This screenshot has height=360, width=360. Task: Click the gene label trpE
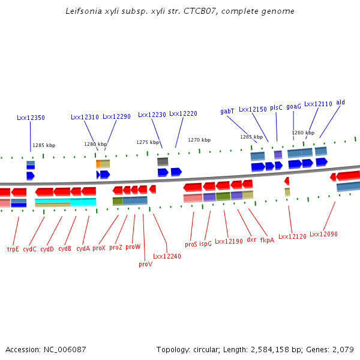tap(13, 248)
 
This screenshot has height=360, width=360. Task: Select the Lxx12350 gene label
tap(31, 118)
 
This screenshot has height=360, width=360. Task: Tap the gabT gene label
tap(227, 111)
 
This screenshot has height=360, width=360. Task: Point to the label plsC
tap(276, 107)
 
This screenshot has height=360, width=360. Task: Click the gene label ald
tap(340, 103)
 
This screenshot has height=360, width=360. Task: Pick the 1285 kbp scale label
tap(44, 145)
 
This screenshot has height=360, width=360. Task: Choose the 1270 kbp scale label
tap(199, 140)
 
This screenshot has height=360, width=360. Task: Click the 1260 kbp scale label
tap(303, 133)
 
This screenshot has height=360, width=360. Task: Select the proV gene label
tap(145, 264)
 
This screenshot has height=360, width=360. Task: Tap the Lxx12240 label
tap(167, 256)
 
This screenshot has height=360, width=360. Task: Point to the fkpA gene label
tap(267, 240)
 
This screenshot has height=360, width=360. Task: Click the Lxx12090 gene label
tap(323, 234)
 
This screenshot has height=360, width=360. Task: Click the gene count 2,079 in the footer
tap(343, 349)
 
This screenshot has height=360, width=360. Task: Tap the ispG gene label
tap(205, 244)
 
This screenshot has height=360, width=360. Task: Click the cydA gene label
tap(83, 248)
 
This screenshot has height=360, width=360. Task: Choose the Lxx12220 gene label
tap(183, 114)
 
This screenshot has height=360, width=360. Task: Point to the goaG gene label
tap(293, 106)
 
